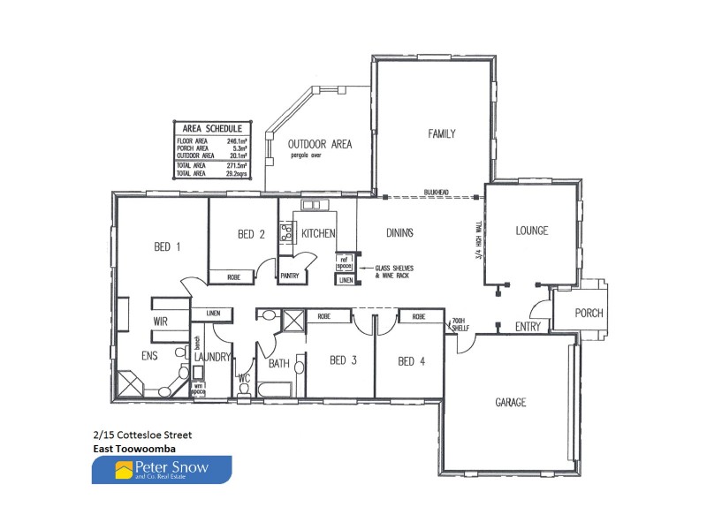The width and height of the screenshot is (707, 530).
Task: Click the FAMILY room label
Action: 442,134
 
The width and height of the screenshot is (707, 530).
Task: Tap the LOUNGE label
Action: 532,231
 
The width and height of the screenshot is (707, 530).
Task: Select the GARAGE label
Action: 511,402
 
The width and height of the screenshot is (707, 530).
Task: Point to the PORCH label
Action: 589,313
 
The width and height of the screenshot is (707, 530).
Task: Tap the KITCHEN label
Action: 318,234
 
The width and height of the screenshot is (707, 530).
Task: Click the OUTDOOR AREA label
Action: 322,143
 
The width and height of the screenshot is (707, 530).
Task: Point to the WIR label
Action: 161,321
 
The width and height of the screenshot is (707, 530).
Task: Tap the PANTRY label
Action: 290,276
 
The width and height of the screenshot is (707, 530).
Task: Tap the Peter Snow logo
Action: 162,470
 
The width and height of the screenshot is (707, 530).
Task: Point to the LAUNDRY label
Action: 213,357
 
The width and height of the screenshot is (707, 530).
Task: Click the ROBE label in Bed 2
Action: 233,276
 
